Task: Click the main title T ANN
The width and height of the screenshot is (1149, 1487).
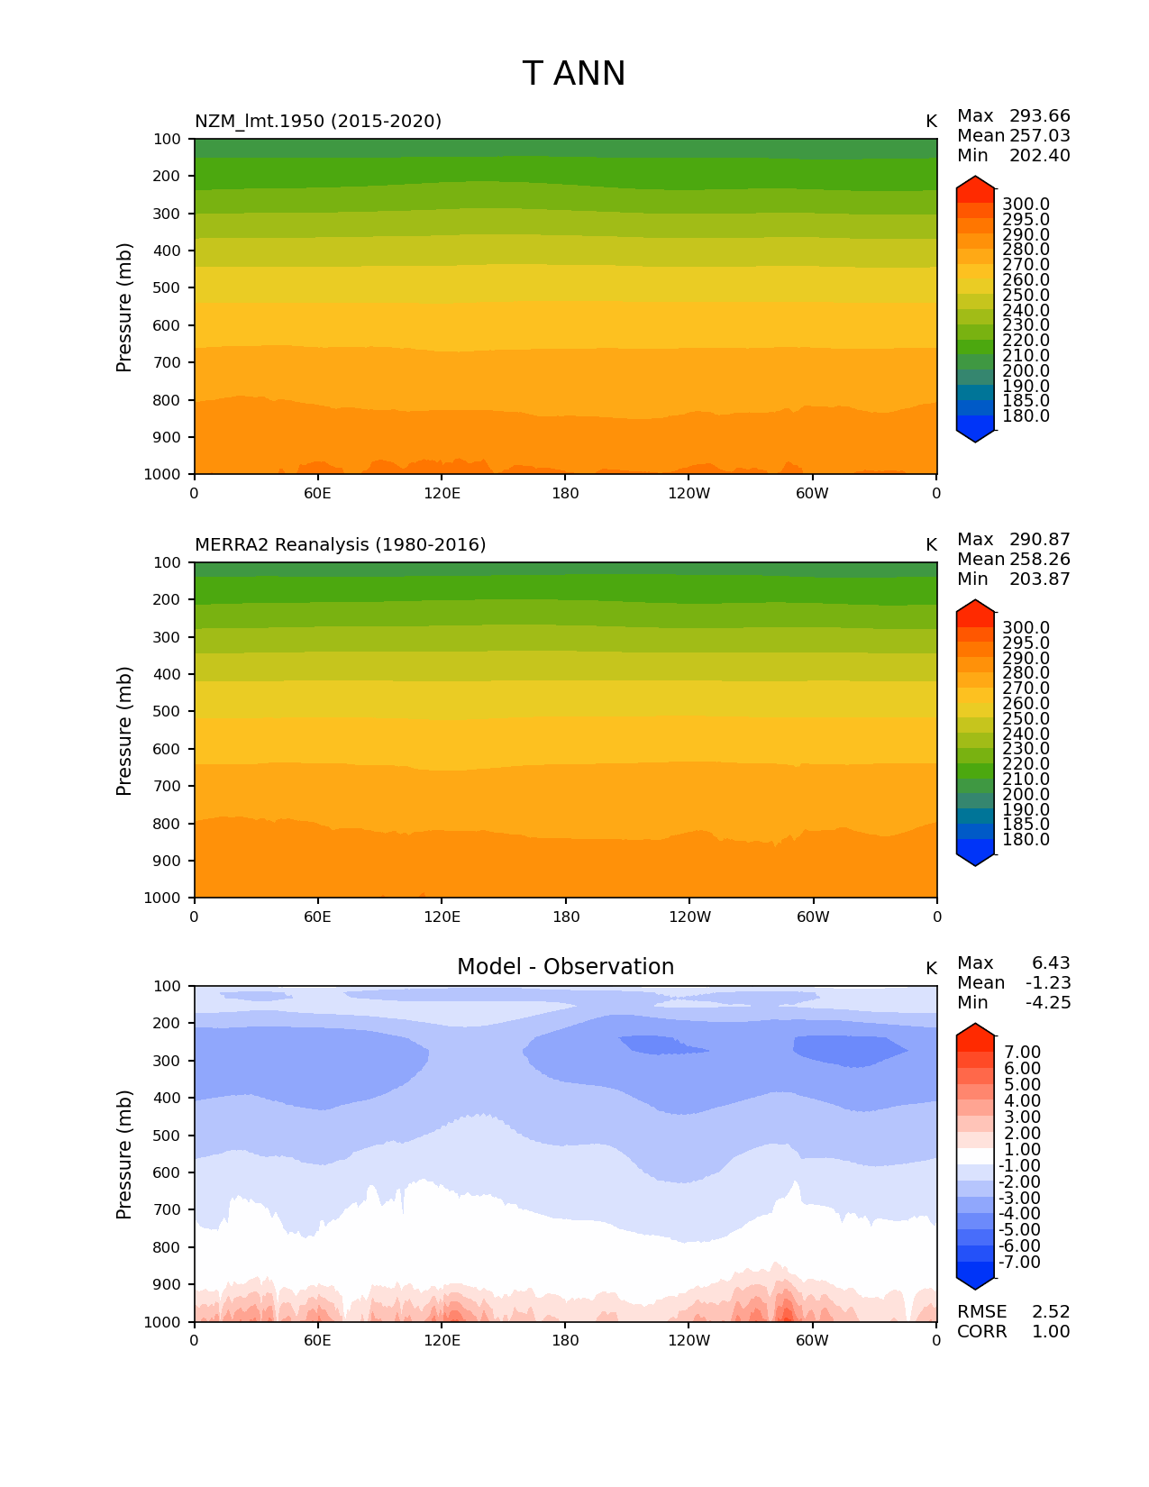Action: (573, 74)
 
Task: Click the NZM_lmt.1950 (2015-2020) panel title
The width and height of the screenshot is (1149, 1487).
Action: (318, 121)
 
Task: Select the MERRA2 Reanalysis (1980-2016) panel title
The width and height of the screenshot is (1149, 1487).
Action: (340, 544)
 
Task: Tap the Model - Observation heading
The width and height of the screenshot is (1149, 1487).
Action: (565, 967)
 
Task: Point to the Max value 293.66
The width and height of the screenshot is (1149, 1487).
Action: (1039, 116)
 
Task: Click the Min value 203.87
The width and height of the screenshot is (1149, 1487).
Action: (1039, 579)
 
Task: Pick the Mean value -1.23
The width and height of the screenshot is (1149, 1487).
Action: (1048, 983)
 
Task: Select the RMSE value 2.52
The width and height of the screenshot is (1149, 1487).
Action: (1051, 1312)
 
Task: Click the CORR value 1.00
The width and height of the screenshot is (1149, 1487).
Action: (1051, 1332)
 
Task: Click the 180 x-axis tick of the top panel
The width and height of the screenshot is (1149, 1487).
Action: (565, 493)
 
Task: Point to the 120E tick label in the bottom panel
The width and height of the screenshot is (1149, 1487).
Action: (442, 1340)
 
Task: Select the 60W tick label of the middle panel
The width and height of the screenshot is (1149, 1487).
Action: (813, 917)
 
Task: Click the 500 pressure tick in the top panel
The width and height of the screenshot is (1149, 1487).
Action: (168, 287)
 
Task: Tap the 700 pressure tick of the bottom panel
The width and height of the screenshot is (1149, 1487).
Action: (168, 1209)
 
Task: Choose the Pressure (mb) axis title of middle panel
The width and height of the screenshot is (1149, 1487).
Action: (124, 730)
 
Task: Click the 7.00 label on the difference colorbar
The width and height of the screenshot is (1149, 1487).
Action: (1022, 1053)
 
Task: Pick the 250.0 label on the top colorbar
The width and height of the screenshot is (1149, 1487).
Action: (1026, 296)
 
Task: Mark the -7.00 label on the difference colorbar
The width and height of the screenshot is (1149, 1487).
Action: (1019, 1263)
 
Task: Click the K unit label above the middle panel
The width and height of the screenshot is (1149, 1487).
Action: (931, 544)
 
